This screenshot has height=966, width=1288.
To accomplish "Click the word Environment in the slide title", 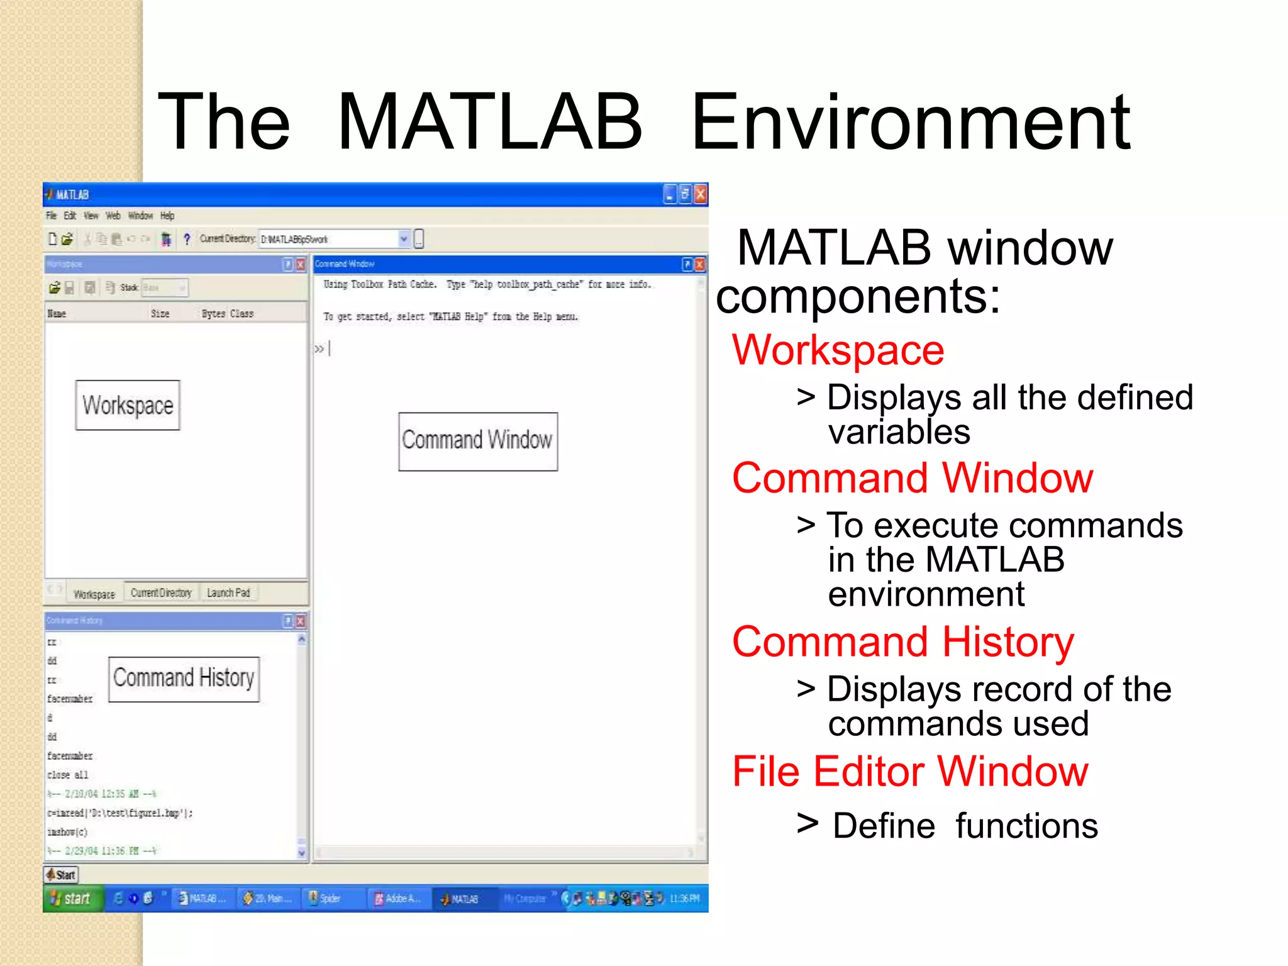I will click(911, 122).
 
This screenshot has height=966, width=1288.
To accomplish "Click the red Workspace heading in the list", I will click(838, 350).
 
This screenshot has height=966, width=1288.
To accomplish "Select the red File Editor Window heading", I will click(910, 771).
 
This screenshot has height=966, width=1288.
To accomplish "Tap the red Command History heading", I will click(903, 642).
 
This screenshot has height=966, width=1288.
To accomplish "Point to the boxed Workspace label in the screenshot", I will click(128, 406).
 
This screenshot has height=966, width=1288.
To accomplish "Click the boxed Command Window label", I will click(477, 441).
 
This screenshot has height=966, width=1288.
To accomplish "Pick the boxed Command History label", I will click(184, 679).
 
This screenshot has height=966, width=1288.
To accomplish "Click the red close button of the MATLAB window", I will click(700, 194).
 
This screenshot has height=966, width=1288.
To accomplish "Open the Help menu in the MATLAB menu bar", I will click(167, 216).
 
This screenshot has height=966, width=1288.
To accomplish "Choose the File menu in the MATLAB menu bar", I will click(51, 216).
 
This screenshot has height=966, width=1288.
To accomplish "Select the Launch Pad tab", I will click(228, 593).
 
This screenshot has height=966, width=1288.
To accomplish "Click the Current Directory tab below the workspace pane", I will click(161, 593).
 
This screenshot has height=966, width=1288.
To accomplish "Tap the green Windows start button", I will click(71, 899).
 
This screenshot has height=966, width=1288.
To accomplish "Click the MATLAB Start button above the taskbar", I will click(61, 875).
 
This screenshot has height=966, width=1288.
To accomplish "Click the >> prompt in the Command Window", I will click(319, 349).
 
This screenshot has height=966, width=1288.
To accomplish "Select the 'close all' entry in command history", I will click(68, 775).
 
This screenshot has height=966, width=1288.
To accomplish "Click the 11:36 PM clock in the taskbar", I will click(684, 899).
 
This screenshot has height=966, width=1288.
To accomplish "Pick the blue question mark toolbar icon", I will click(187, 239).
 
